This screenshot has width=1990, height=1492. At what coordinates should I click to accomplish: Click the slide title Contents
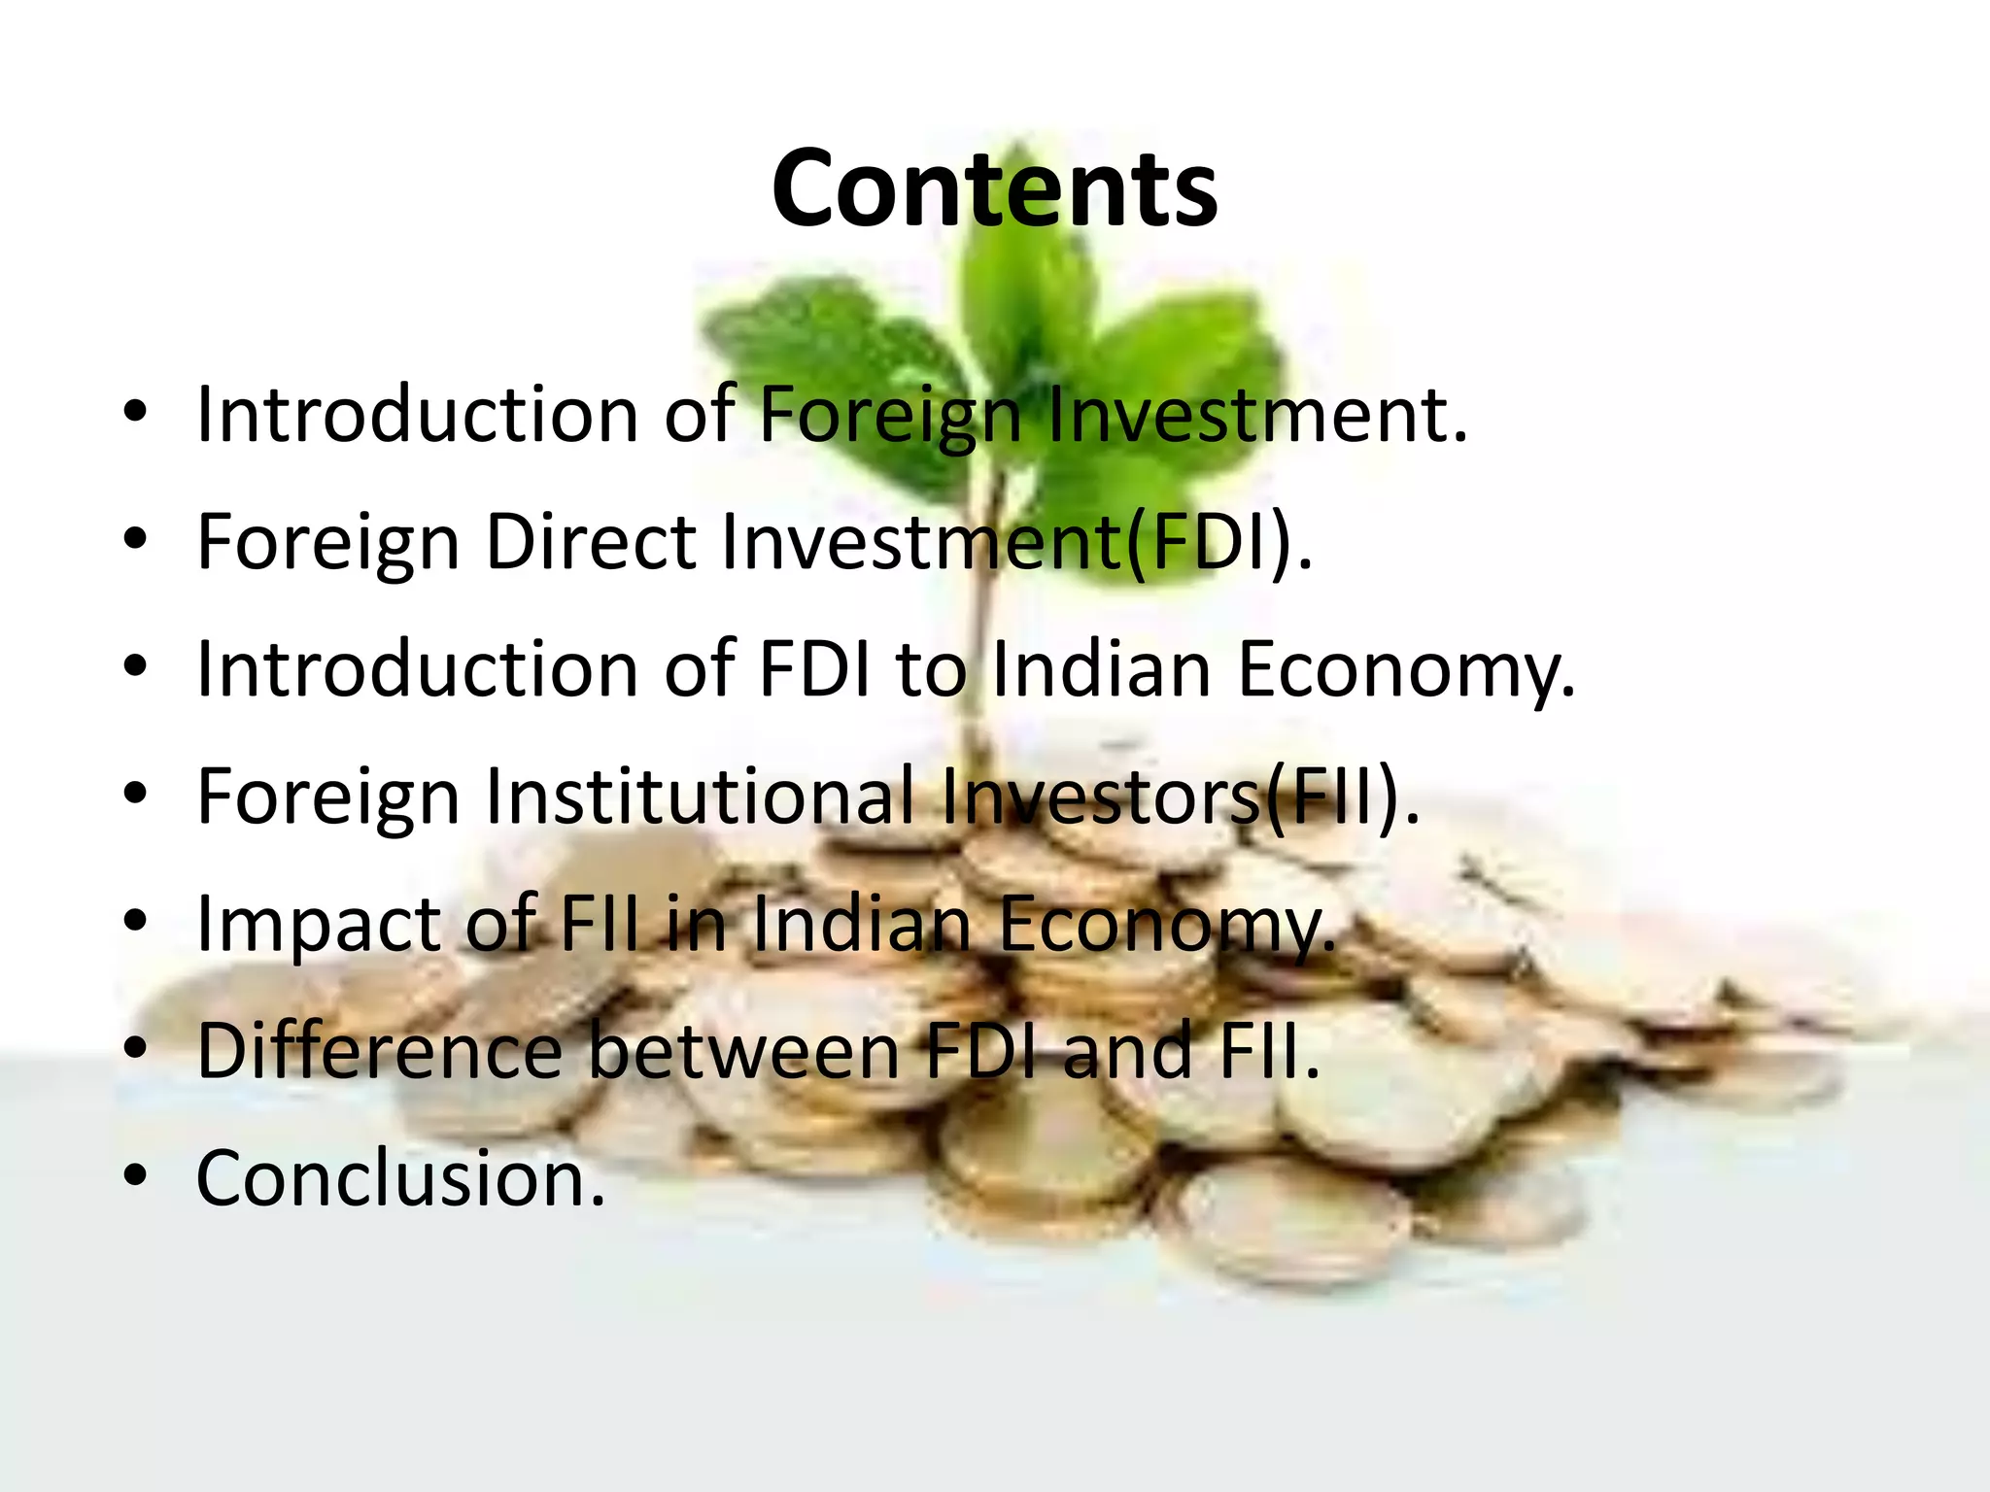tap(994, 188)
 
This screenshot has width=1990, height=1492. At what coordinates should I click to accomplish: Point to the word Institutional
tap(700, 796)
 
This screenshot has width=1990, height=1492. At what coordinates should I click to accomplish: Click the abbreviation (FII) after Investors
tap(1341, 796)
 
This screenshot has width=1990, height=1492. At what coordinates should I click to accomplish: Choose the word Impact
tap(319, 924)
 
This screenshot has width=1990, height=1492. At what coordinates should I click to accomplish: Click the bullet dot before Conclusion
tap(135, 1176)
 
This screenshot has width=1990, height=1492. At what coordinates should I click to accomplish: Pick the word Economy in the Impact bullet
tap(1166, 924)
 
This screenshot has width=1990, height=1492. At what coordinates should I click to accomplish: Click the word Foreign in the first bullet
tap(889, 415)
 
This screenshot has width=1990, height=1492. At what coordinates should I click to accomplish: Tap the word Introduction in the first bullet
tap(417, 415)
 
